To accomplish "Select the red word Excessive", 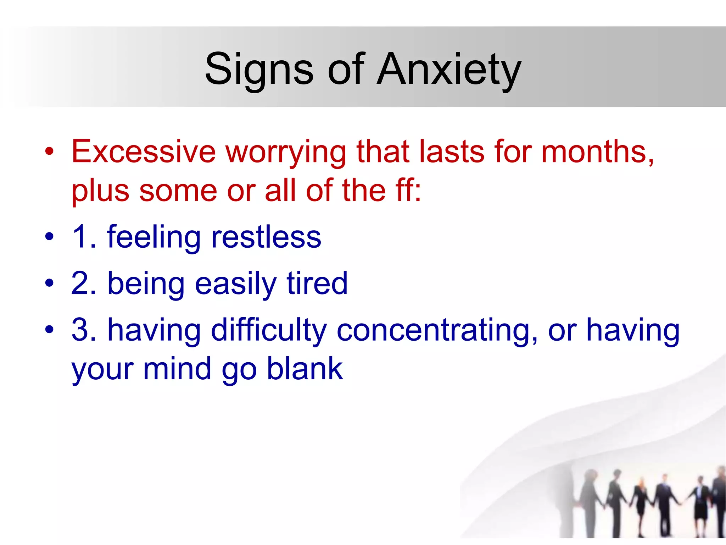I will (144, 152).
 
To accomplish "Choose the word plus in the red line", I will (100, 192).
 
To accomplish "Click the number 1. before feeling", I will (84, 237).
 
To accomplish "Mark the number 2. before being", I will (84, 283).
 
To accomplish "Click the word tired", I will (317, 283).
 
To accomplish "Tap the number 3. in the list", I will (84, 330).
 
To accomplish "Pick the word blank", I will (305, 369).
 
